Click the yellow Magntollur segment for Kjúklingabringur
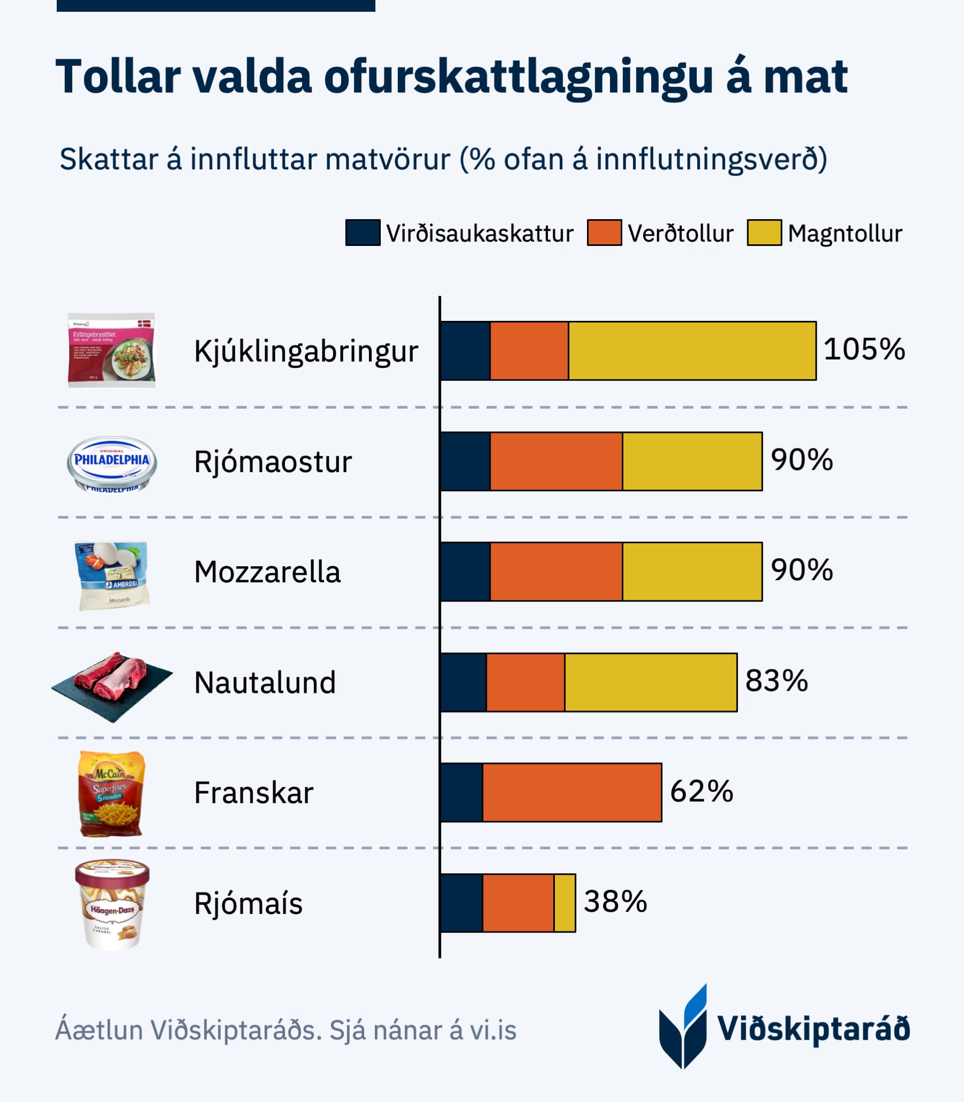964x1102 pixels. tap(692, 351)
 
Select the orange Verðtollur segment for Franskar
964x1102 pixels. tap(572, 792)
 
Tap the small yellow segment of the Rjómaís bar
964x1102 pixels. tap(564, 903)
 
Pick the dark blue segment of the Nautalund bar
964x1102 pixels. tap(463, 683)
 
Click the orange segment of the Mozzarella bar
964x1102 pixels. tap(556, 572)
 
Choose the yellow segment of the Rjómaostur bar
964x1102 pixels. tap(692, 461)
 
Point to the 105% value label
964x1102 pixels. tap(864, 349)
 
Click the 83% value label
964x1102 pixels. tap(776, 681)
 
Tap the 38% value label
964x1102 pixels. tap(615, 901)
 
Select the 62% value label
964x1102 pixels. tap(701, 791)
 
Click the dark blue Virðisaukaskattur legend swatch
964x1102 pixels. tap(363, 233)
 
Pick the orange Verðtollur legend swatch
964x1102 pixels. tap(604, 233)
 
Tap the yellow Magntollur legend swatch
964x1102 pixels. tap(764, 233)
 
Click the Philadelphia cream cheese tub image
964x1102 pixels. tap(112, 463)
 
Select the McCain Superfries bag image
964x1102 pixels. tap(112, 793)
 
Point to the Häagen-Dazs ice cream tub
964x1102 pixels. tap(112, 904)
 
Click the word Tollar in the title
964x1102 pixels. tap(118, 77)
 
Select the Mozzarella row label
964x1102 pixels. tap(267, 572)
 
